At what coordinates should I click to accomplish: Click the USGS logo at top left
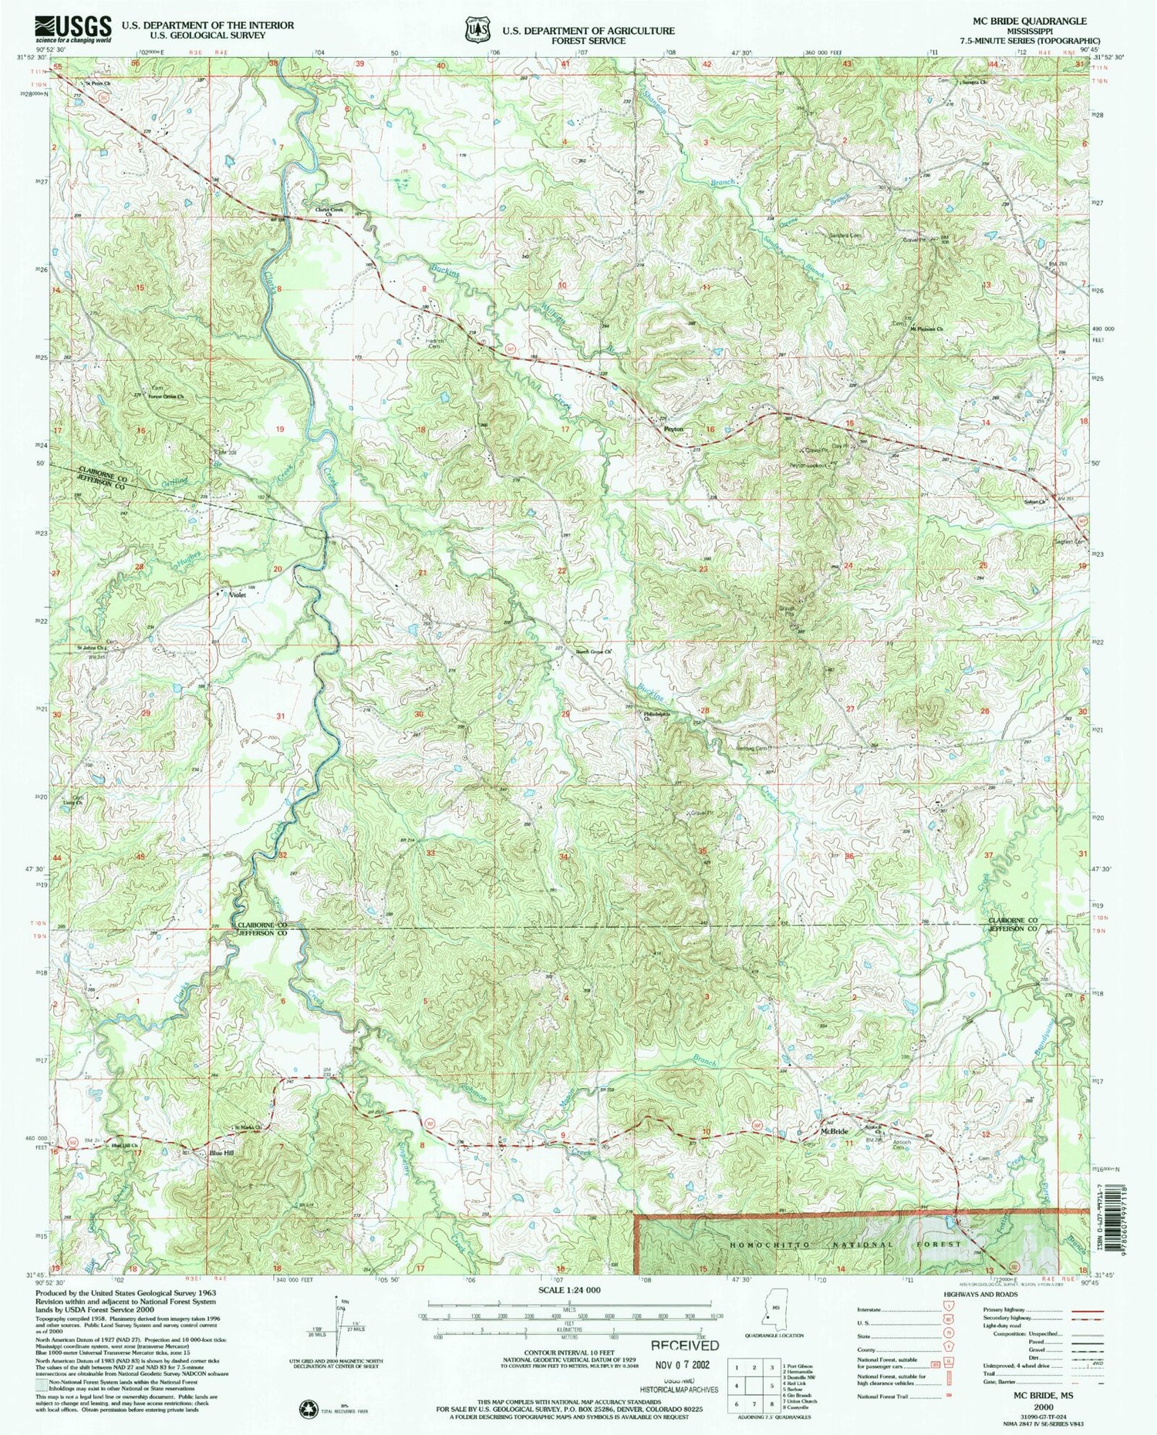[73, 29]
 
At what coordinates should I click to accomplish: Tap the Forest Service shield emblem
[478, 29]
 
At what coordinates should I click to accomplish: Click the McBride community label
[834, 1131]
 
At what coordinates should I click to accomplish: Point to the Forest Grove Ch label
[166, 396]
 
